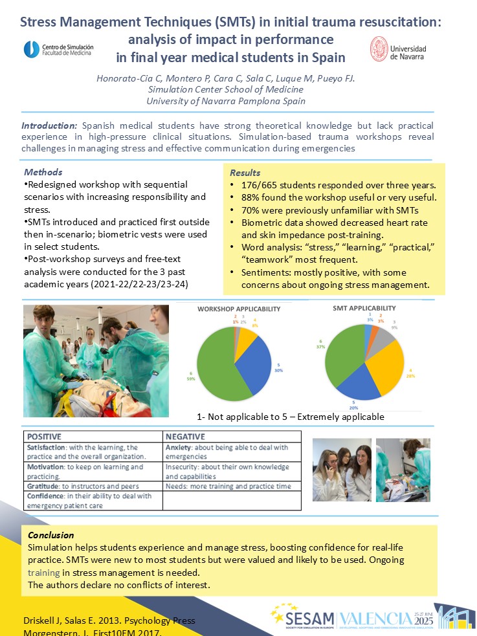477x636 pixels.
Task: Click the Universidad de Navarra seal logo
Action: [379, 49]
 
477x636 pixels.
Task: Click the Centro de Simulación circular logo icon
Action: [31, 49]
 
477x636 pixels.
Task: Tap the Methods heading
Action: [43, 172]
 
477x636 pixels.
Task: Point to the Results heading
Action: [245, 173]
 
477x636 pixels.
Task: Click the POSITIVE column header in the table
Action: [47, 436]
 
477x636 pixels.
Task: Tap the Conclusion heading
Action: [50, 535]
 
